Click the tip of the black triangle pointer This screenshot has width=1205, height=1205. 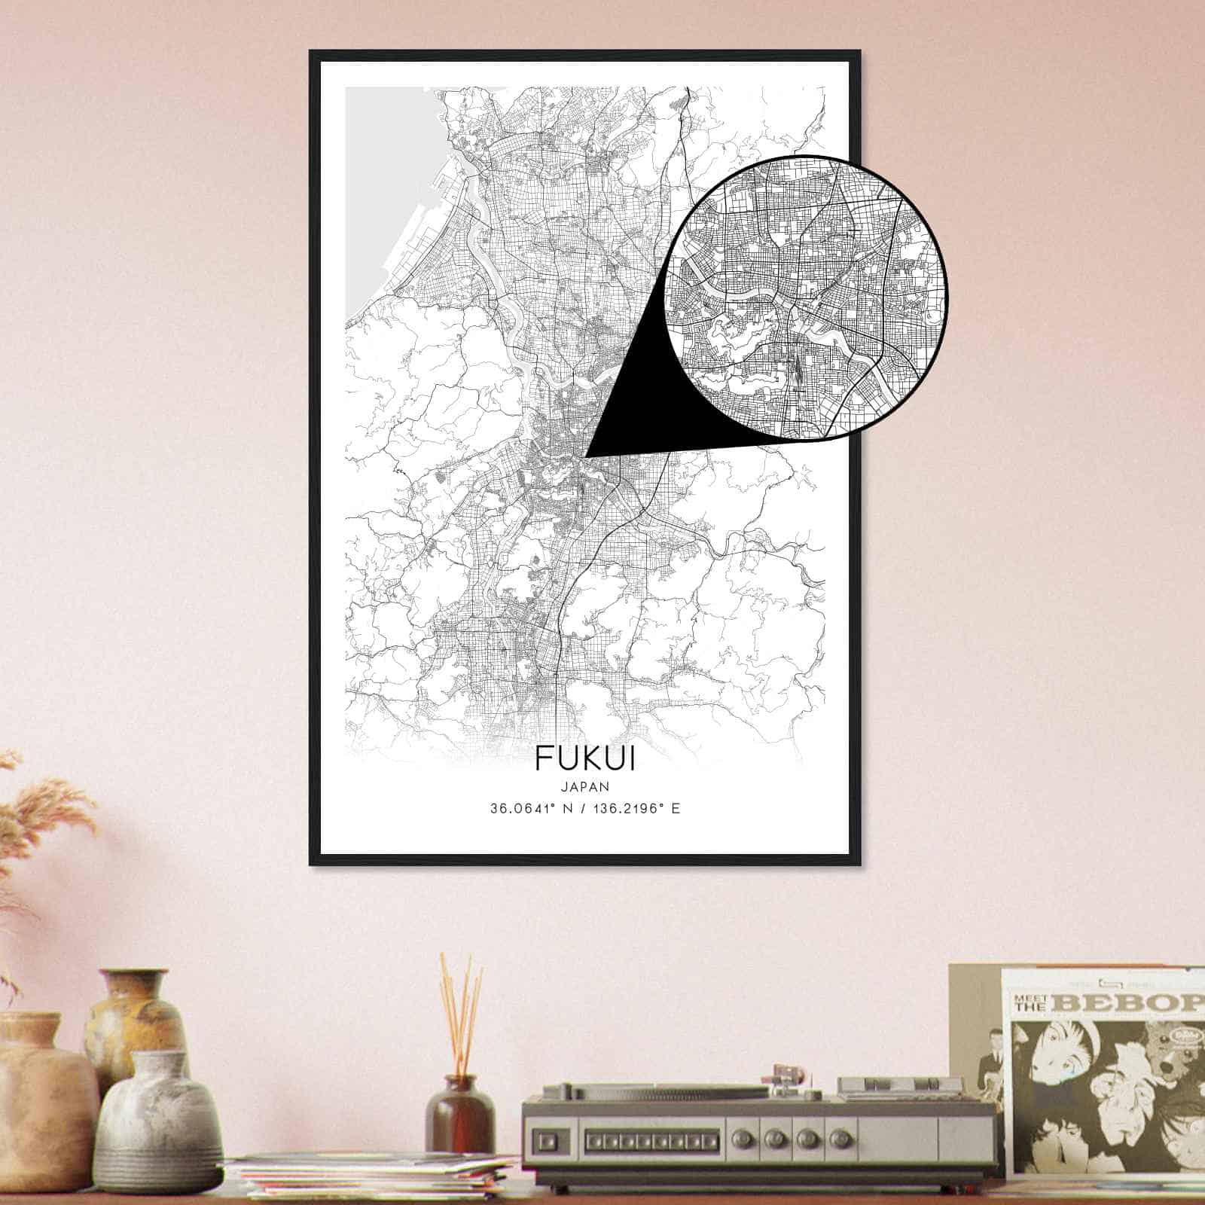pos(587,455)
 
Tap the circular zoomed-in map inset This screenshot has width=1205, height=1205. pos(806,297)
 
